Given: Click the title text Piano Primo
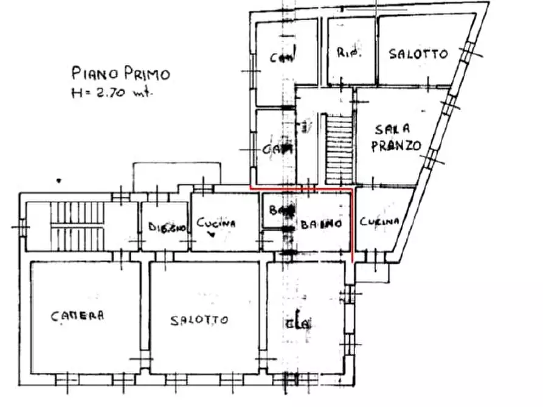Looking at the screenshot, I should click(120, 74).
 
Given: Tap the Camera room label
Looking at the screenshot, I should click(77, 315).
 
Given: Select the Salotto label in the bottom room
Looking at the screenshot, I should click(199, 320).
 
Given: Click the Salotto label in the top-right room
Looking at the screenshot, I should click(418, 54).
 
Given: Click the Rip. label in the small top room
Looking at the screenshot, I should click(349, 53).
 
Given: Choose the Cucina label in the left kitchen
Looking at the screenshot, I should click(215, 224).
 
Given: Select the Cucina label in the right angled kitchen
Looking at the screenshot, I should click(379, 222).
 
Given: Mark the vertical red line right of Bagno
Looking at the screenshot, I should click(353, 225).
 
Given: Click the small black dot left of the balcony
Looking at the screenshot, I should click(59, 180).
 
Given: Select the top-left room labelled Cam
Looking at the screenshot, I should click(283, 58).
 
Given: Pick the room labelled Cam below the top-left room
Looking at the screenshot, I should click(277, 148).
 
